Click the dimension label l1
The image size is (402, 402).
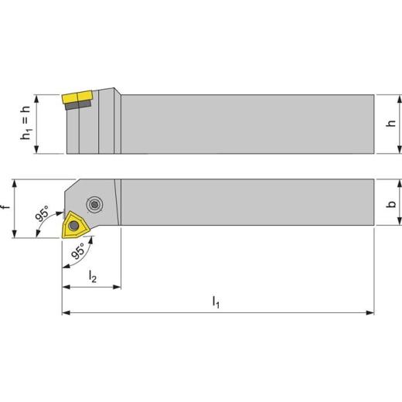click(x=216, y=302)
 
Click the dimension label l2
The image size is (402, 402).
click(x=93, y=276)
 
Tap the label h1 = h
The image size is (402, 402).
click(x=26, y=123)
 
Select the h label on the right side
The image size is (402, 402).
click(x=391, y=123)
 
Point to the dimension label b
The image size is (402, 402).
click(x=392, y=204)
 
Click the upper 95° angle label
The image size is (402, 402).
click(x=43, y=213)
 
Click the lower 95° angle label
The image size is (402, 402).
click(x=78, y=250)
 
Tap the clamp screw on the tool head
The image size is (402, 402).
click(x=94, y=205)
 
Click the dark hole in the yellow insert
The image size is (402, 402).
click(x=74, y=226)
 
